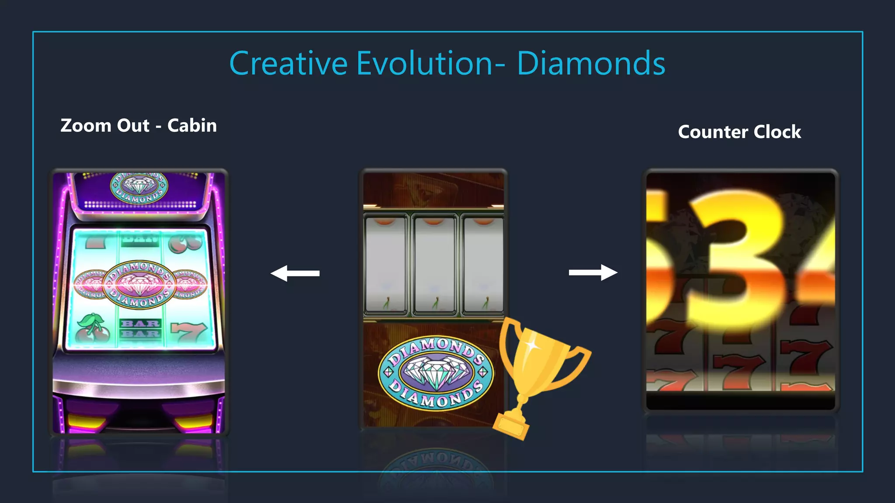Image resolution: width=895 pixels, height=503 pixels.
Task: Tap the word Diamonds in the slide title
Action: pyautogui.click(x=591, y=63)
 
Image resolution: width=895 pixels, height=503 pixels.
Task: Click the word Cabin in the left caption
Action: pyautogui.click(x=192, y=126)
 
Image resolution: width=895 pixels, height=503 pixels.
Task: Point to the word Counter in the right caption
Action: pyautogui.click(x=713, y=132)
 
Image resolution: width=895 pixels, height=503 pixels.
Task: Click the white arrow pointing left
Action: pyautogui.click(x=295, y=273)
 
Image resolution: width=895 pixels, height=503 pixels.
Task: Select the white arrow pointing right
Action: pyautogui.click(x=593, y=272)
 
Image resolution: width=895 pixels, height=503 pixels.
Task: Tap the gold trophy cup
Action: pyautogui.click(x=542, y=358)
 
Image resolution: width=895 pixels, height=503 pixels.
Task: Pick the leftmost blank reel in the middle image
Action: pyautogui.click(x=385, y=265)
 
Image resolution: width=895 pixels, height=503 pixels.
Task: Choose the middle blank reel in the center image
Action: pyautogui.click(x=434, y=265)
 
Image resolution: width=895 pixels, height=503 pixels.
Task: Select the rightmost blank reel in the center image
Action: pyautogui.click(x=483, y=265)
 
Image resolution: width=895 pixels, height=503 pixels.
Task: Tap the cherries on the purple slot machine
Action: pyautogui.click(x=91, y=328)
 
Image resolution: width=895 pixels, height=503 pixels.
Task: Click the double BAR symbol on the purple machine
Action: pyautogui.click(x=140, y=328)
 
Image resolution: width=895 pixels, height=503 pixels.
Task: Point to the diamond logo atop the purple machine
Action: pyautogui.click(x=139, y=188)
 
